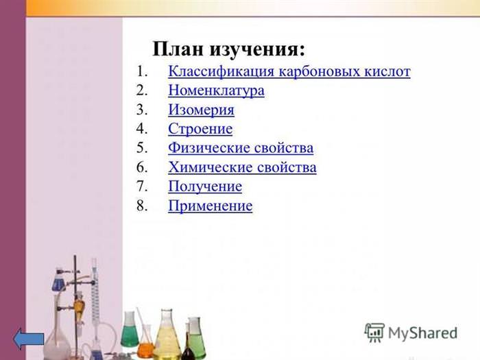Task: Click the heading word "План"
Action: coord(178,49)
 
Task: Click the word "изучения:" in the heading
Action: coord(257,49)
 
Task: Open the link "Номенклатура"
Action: coord(216,91)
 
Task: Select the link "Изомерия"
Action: coord(201,110)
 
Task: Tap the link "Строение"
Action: coord(200,129)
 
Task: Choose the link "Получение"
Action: coord(205,187)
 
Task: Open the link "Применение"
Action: coord(211,206)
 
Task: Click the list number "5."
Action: coord(142,148)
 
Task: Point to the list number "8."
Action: coord(142,206)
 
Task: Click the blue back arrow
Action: coord(29,339)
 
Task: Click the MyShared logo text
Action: coord(423,333)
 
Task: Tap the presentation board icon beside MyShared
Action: coord(374,333)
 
